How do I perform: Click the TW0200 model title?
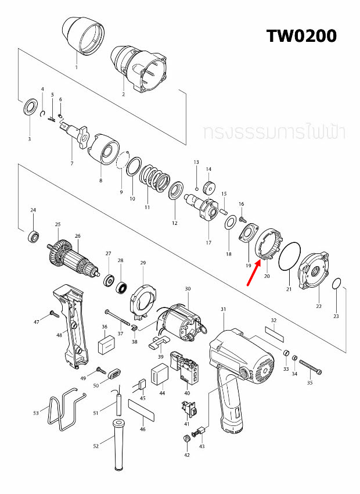[301, 35]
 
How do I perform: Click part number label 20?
[267, 276]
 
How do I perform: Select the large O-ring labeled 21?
[290, 256]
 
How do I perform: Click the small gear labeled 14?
[209, 187]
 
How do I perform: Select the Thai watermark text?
[274, 133]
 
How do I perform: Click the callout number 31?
[223, 309]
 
